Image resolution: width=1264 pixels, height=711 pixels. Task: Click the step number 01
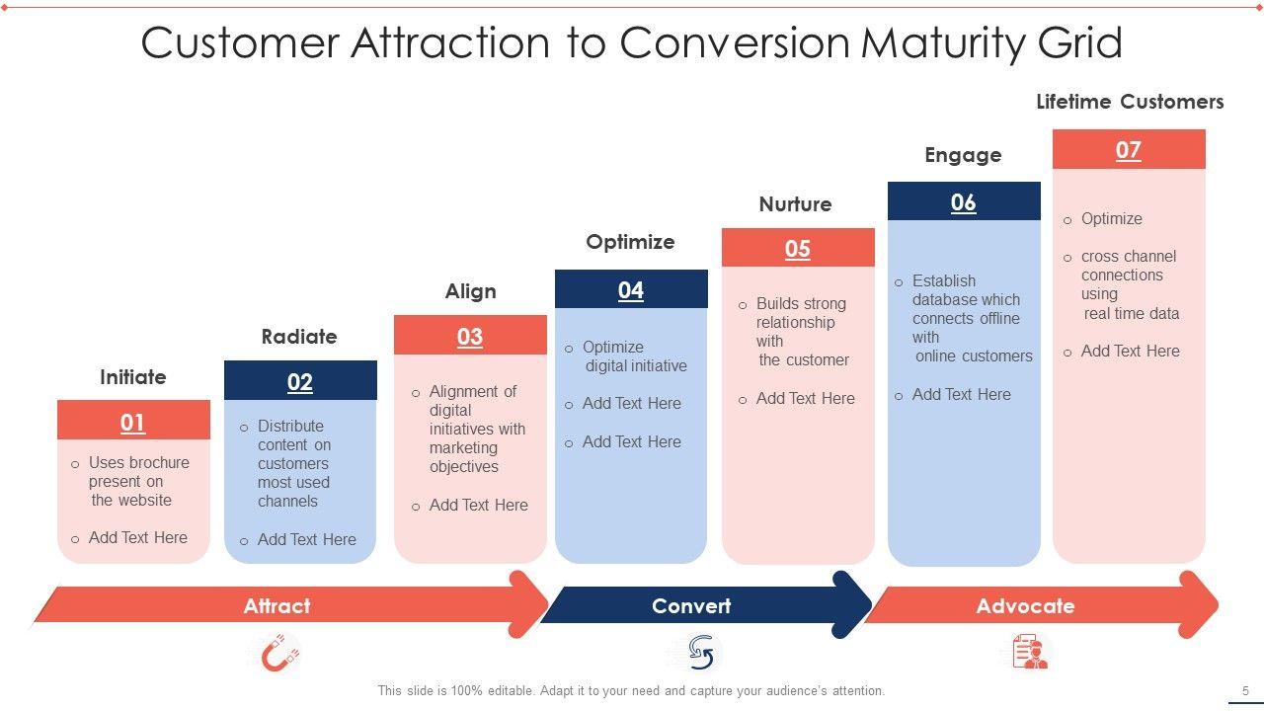tap(133, 423)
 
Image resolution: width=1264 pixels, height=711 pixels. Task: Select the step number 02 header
tap(300, 382)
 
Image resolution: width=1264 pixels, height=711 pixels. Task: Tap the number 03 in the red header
tap(470, 337)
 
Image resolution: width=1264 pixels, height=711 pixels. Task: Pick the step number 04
tap(631, 290)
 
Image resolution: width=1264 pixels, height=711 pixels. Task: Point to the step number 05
tap(798, 249)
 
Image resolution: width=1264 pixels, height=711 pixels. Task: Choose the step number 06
tap(964, 202)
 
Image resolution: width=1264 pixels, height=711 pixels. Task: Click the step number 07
tap(1129, 150)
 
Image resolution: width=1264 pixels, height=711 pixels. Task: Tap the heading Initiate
tap(133, 377)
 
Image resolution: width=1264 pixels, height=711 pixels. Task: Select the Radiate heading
tap(299, 337)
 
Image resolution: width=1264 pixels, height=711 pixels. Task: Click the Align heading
tap(471, 291)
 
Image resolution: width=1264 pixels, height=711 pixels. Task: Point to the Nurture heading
tap(795, 204)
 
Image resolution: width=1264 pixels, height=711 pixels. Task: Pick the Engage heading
tap(963, 155)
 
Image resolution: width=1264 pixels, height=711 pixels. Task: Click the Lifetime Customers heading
tap(1130, 102)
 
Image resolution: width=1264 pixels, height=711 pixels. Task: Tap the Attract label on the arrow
tap(277, 606)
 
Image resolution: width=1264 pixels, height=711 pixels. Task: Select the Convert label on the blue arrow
tap(691, 606)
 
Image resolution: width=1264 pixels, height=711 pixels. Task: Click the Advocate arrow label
tap(1025, 606)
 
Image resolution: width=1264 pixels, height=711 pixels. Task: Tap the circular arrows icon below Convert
tap(701, 652)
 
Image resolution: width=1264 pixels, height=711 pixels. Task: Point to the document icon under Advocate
tap(1030, 653)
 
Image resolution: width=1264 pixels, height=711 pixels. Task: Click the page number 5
tap(1245, 691)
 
